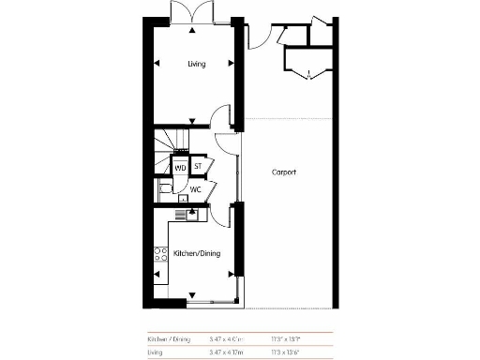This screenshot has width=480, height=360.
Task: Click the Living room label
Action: point(196,64)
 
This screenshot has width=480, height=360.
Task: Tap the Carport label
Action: point(284,172)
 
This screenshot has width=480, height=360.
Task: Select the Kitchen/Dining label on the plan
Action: point(196,253)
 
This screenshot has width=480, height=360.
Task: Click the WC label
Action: point(196,189)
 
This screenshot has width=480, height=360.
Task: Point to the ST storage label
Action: point(198,167)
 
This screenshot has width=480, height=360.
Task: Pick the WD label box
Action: point(180,168)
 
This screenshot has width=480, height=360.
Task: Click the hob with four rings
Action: point(160,252)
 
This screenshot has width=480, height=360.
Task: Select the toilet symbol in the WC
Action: point(165,189)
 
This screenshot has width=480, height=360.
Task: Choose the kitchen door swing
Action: point(221,214)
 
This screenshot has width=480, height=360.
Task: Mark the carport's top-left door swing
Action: point(258,36)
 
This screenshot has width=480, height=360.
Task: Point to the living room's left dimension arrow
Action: point(157,64)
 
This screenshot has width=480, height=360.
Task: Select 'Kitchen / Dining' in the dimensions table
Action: point(169,338)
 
